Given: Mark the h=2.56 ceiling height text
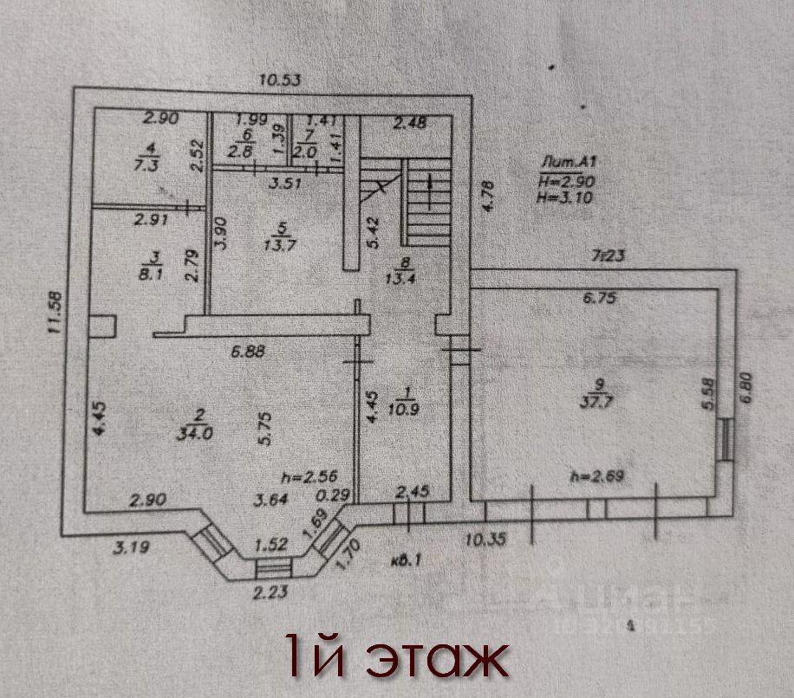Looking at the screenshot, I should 308,475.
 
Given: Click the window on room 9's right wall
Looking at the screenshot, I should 726,438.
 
